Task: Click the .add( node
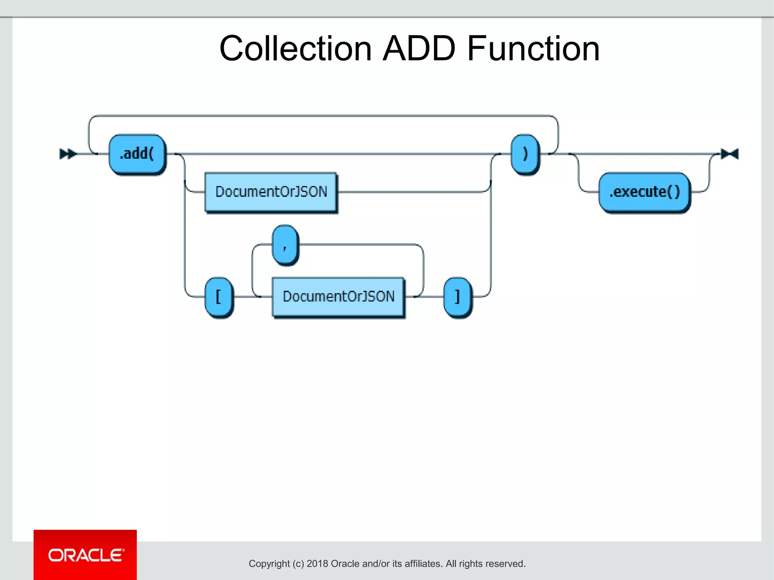point(137,154)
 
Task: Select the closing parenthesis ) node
point(525,154)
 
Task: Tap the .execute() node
point(644,192)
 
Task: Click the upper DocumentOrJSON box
point(271,192)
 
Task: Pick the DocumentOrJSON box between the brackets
point(338,297)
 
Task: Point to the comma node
point(285,245)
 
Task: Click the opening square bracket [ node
point(219,297)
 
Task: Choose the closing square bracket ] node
point(458,297)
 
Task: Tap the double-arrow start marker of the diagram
point(68,154)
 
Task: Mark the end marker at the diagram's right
point(730,154)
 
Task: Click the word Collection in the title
point(296,49)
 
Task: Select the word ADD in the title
point(419,49)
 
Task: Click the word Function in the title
point(533,49)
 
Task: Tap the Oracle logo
point(85,555)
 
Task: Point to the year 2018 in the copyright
point(317,564)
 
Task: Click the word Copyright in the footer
point(269,564)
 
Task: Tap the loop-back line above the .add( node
point(321,116)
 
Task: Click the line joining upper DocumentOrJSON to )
point(412,192)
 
